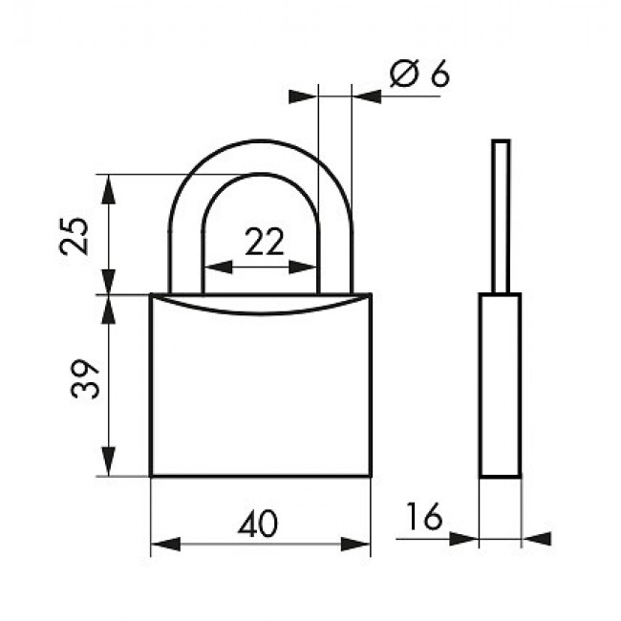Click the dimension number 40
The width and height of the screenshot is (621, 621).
258,523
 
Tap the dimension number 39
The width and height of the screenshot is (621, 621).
85,378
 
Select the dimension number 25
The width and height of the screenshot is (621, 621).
75,236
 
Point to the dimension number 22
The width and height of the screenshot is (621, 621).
265,241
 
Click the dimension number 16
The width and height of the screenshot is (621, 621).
424,516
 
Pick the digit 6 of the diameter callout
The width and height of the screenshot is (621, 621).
440,74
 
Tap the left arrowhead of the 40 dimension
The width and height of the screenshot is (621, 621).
165,545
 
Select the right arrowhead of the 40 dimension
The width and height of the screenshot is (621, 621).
355,545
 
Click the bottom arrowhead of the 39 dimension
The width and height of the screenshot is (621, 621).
109,461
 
